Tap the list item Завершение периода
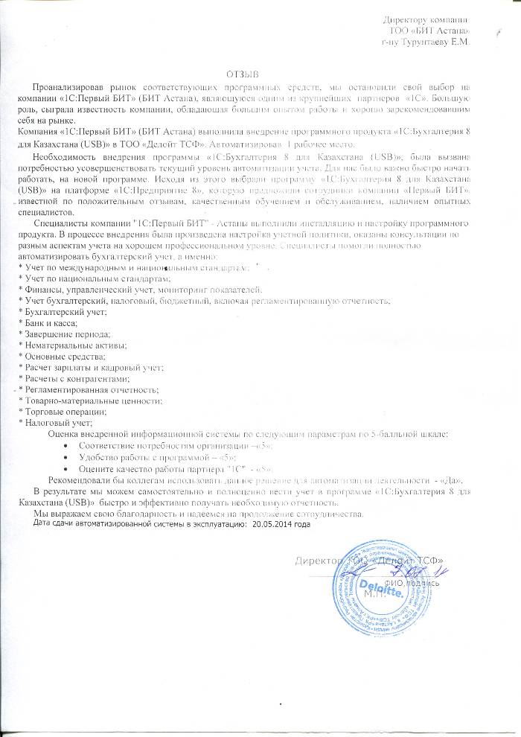coord(66,335)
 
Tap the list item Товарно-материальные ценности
coord(92,401)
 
